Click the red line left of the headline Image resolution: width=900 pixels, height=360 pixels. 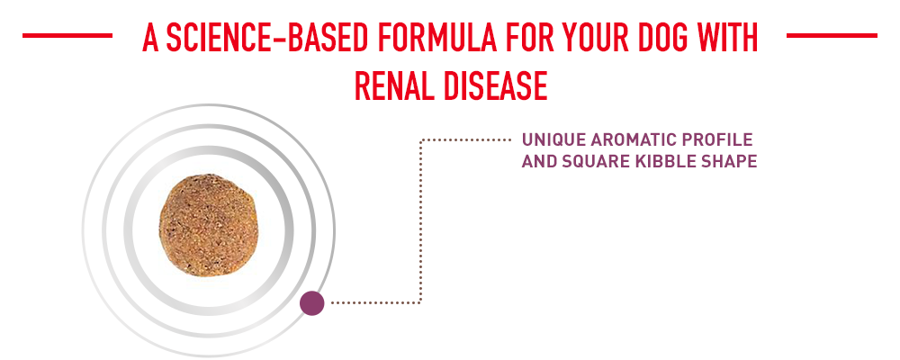67,36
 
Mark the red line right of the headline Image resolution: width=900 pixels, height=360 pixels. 832,36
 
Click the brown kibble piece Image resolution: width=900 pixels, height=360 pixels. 208,226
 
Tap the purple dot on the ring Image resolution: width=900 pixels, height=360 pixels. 311,302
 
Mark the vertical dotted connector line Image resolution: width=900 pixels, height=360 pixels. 420,221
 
